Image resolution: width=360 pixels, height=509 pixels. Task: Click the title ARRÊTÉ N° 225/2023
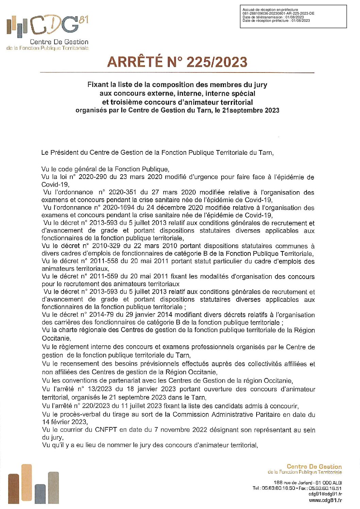tap(177, 62)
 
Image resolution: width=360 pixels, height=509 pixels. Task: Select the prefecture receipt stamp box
tap(293, 16)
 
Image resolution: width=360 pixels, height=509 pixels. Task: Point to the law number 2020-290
tap(91, 177)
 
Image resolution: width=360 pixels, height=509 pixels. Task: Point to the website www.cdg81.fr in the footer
tap(325, 500)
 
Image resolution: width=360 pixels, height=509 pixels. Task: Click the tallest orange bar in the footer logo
tap(26, 483)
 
